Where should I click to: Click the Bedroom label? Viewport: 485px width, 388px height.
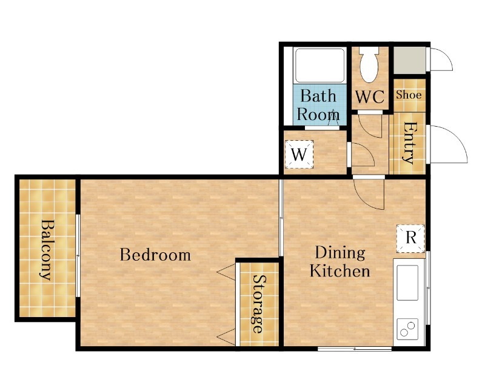click(x=155, y=255)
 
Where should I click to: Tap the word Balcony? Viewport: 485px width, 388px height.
click(x=47, y=250)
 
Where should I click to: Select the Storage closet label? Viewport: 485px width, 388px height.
click(x=259, y=304)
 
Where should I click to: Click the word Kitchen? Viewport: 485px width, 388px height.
click(x=340, y=271)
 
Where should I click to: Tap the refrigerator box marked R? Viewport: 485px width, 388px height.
click(x=410, y=238)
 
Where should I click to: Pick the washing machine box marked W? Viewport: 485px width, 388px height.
click(x=299, y=155)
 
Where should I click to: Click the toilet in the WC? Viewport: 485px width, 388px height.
click(x=369, y=65)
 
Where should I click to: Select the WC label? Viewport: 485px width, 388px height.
click(x=370, y=97)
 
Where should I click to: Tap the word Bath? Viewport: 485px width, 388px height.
click(x=318, y=96)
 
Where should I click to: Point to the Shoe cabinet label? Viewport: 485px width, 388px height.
click(x=409, y=95)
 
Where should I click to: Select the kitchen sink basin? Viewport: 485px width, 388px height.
click(x=407, y=283)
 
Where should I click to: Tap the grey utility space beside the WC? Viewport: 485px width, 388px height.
click(x=409, y=61)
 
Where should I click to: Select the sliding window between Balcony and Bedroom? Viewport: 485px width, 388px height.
click(x=78, y=256)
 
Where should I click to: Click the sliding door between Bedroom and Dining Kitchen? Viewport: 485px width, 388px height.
click(x=281, y=218)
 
